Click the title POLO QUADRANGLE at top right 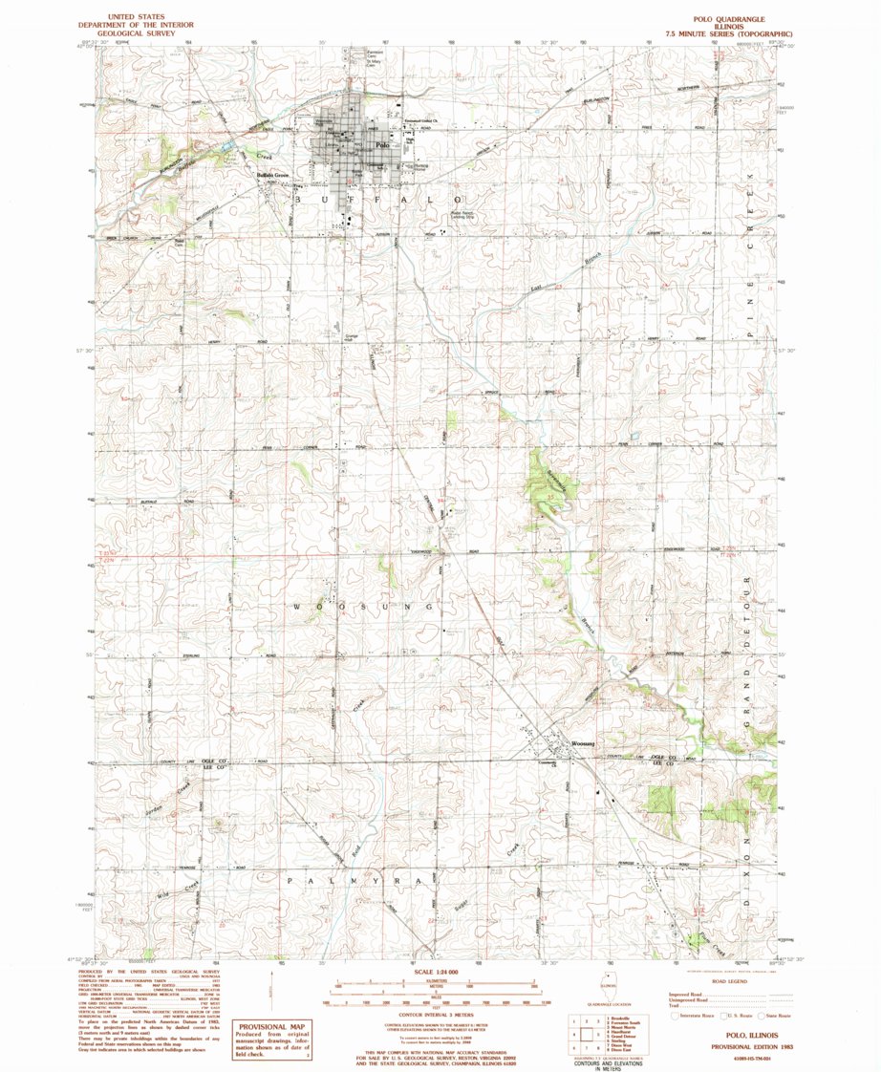pos(730,18)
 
